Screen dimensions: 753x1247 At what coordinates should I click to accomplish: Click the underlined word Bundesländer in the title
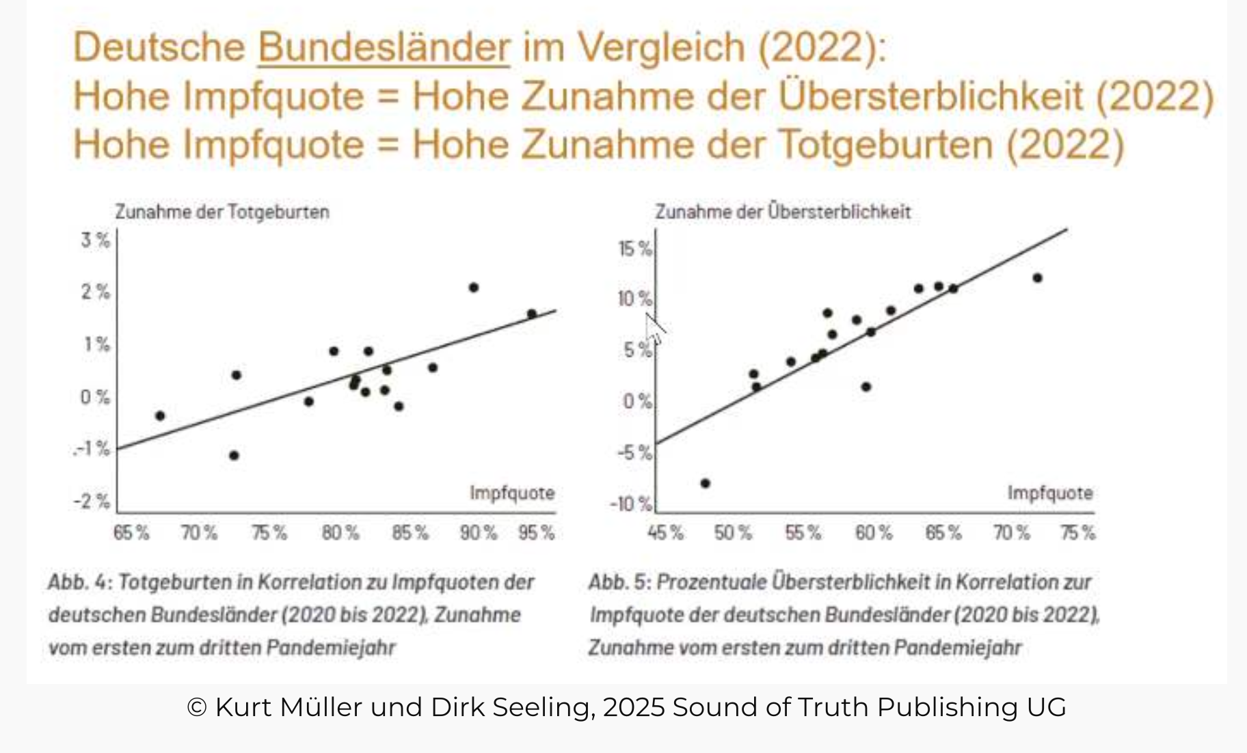pyautogui.click(x=384, y=47)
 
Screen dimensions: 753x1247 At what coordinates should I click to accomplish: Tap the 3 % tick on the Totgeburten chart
pyautogui.click(x=95, y=240)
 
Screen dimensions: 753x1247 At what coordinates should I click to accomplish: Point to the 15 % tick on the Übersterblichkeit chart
pyautogui.click(x=635, y=248)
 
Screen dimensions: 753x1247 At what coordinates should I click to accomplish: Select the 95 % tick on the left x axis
pyautogui.click(x=536, y=532)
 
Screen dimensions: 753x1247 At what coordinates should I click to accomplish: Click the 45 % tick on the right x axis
pyautogui.click(x=665, y=532)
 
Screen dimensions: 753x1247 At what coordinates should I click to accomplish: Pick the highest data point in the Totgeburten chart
pyautogui.click(x=474, y=288)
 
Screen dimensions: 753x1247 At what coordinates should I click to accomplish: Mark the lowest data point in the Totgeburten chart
pyautogui.click(x=234, y=455)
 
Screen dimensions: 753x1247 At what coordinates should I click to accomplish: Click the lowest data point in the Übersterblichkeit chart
pyautogui.click(x=706, y=483)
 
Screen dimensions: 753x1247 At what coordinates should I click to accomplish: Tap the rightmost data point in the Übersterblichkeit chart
pyautogui.click(x=1037, y=278)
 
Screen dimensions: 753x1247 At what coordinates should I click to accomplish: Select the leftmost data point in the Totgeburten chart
pyautogui.click(x=160, y=415)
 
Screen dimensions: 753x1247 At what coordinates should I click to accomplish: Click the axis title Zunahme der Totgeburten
pyautogui.click(x=222, y=212)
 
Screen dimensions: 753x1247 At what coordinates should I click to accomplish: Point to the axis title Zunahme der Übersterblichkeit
pyautogui.click(x=783, y=212)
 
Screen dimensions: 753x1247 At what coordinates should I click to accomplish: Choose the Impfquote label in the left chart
pyautogui.click(x=512, y=493)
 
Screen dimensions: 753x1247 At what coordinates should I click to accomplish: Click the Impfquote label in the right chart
pyautogui.click(x=1049, y=493)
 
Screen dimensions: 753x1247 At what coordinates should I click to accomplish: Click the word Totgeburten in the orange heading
pyautogui.click(x=885, y=145)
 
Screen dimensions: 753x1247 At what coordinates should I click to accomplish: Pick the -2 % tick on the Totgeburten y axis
pyautogui.click(x=92, y=502)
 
